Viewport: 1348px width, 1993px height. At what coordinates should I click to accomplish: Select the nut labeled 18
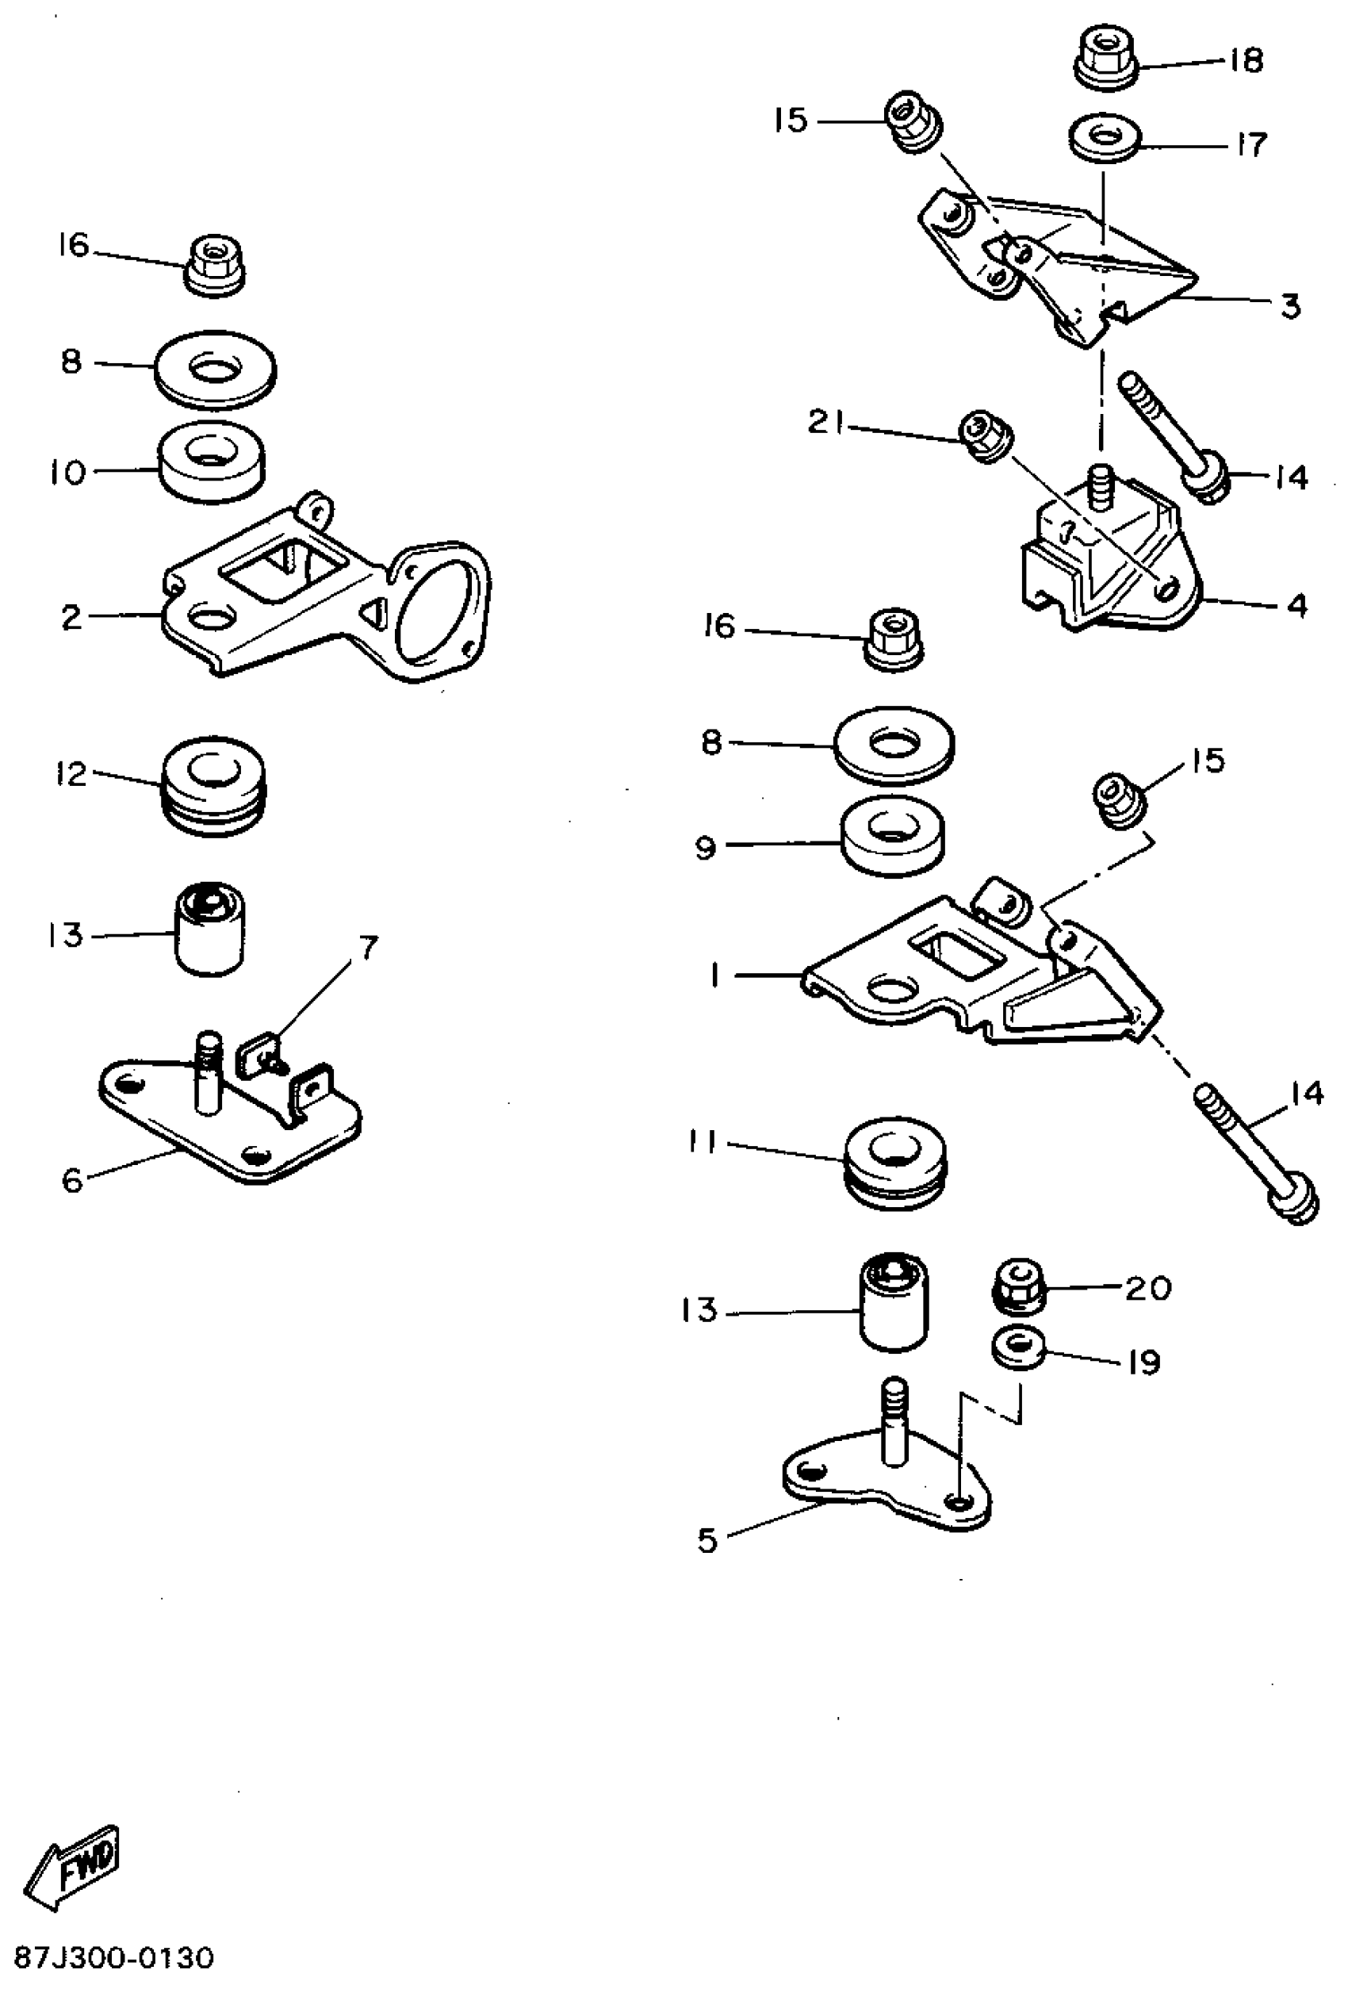click(1107, 56)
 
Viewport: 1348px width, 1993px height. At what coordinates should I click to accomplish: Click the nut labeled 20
click(1019, 1286)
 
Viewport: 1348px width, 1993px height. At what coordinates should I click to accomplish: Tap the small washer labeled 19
click(1018, 1347)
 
